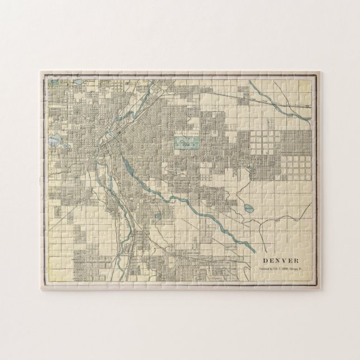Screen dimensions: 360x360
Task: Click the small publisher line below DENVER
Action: (281, 270)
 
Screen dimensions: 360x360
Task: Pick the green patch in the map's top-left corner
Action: (54, 82)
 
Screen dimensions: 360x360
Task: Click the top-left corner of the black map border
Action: (44, 75)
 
